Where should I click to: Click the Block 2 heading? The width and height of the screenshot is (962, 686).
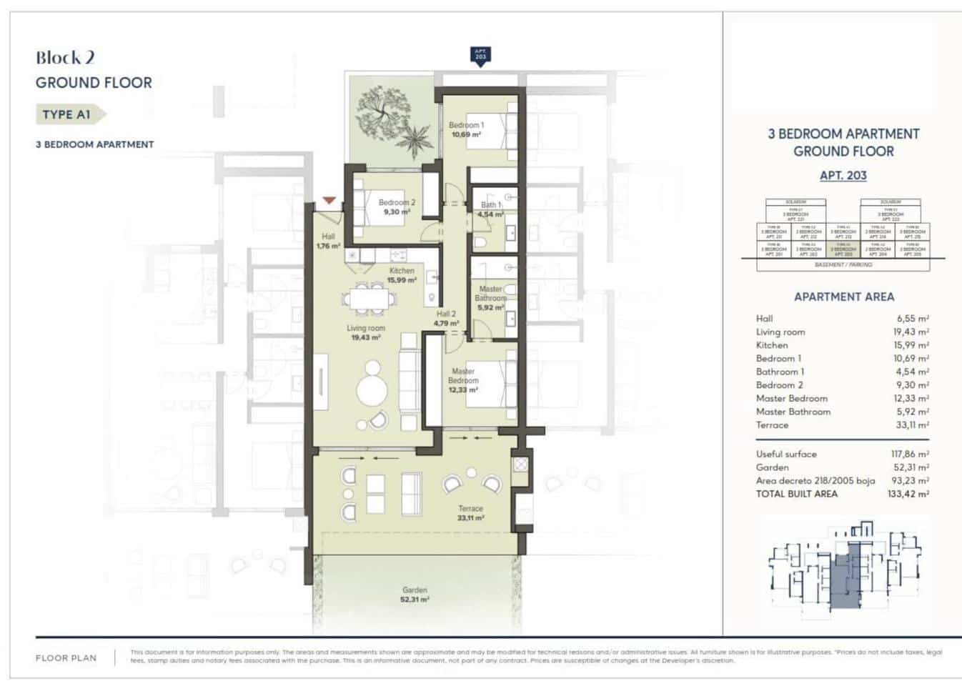[65, 58]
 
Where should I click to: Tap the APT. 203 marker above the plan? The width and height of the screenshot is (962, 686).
[480, 56]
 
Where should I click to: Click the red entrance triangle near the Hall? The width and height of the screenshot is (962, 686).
[329, 202]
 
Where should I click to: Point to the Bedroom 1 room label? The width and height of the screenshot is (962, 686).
[466, 129]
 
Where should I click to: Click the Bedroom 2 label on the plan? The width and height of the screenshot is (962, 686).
[396, 207]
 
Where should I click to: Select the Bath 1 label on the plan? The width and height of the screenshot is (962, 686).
[490, 209]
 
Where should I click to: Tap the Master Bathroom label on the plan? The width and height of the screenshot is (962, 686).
[490, 298]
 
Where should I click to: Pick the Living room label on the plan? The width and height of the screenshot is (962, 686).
[365, 332]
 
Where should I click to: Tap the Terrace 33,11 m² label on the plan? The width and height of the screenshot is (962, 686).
[470, 513]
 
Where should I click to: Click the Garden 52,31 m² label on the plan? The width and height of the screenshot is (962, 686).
[415, 595]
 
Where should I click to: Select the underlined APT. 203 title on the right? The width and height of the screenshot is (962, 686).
[843, 175]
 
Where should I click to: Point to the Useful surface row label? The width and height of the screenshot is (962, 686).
[786, 454]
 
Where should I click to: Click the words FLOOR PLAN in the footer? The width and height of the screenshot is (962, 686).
[66, 658]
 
